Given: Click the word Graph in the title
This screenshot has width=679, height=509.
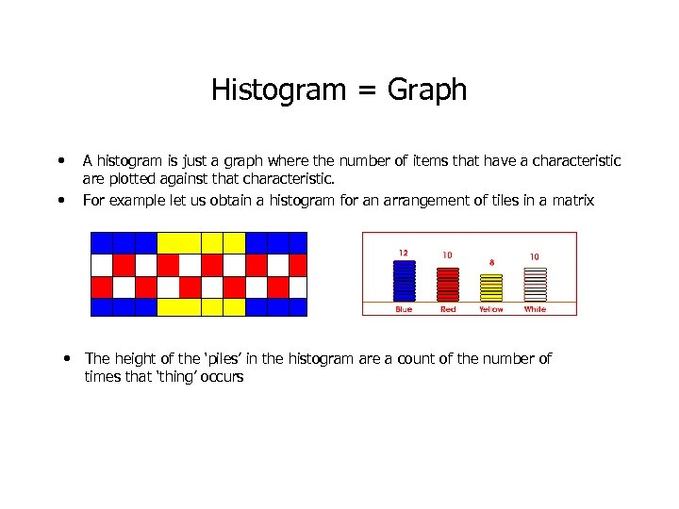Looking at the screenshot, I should coord(429,90).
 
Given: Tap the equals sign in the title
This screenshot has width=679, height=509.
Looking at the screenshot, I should coord(364,91).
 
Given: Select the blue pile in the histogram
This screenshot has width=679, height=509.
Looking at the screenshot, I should coord(404,281).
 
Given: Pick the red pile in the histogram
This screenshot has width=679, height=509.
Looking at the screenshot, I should coord(448,284).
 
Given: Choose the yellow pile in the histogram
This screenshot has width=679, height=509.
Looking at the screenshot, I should coord(491,287).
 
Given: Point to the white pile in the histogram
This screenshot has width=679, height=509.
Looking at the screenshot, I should coord(535,284).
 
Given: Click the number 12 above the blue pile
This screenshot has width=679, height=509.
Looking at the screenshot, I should coord(404,253).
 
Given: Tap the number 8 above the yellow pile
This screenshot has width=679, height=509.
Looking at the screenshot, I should coord(491,262).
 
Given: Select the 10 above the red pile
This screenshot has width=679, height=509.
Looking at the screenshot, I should coord(447,254).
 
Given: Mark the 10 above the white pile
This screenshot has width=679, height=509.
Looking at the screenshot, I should coord(534,255).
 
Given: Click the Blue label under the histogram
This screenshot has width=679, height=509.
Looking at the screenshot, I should coord(404,309).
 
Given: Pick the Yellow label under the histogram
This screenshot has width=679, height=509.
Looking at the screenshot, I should coord(491,309).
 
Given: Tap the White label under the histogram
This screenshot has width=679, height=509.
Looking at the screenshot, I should coord(535,309).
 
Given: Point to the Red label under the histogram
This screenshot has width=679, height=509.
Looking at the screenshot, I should coord(448,309).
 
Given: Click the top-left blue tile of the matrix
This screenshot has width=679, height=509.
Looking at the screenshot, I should coord(101,241).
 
